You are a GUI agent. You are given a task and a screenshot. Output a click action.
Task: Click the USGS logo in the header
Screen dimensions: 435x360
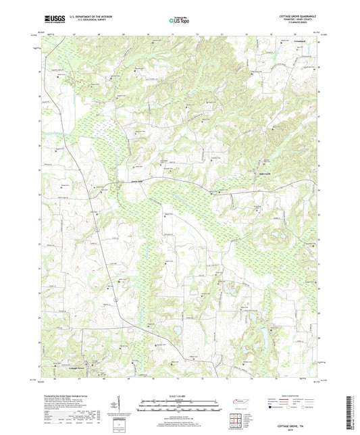coord(51,21)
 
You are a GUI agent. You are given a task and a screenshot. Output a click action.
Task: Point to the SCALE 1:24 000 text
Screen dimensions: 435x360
coord(179,395)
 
